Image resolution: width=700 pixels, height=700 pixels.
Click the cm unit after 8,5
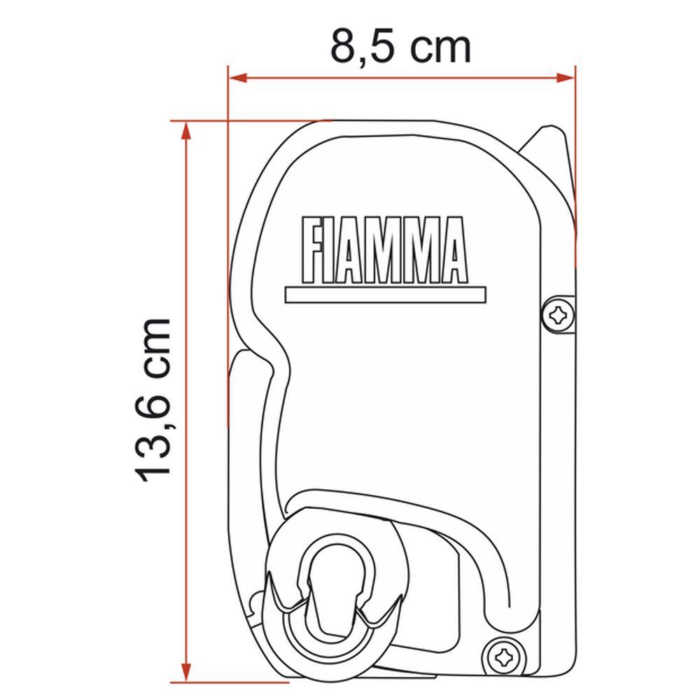(440, 48)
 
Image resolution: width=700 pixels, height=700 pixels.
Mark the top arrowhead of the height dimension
(185, 130)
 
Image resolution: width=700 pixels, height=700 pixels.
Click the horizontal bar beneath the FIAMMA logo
(386, 294)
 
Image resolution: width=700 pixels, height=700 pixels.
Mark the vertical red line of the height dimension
(185, 399)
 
